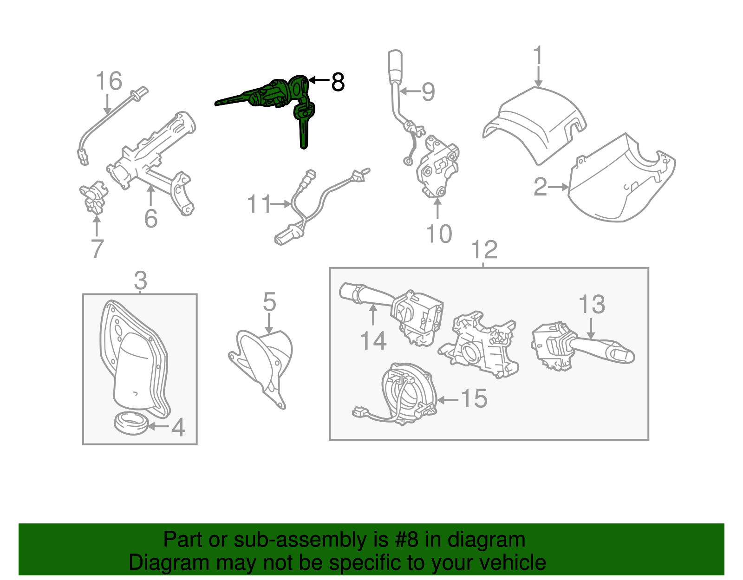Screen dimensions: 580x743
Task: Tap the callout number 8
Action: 338,82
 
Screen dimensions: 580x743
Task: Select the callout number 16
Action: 109,81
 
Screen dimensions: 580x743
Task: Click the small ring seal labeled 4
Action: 131,424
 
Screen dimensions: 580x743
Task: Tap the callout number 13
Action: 592,305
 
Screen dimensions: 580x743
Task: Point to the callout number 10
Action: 438,234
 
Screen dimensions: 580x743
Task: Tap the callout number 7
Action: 97,249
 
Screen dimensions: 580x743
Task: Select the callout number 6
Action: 151,218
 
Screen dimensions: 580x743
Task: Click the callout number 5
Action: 269,302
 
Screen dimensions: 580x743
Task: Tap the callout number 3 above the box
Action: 140,280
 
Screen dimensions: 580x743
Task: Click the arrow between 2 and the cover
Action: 559,187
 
